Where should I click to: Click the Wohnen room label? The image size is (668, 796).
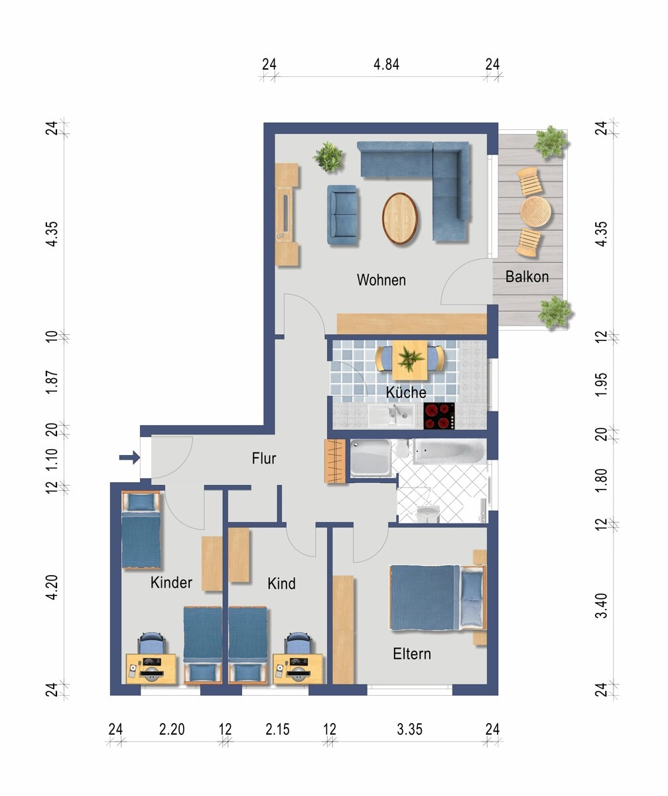pyautogui.click(x=381, y=280)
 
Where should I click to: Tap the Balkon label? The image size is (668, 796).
pyautogui.click(x=527, y=277)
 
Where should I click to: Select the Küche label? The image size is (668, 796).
pyautogui.click(x=406, y=392)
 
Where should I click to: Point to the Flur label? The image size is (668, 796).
pyautogui.click(x=264, y=458)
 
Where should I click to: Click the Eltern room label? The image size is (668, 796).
pyautogui.click(x=412, y=654)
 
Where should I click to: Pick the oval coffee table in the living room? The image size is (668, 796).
pyautogui.click(x=399, y=218)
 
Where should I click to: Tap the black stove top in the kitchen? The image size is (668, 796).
pyautogui.click(x=439, y=416)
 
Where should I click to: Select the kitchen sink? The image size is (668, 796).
pyautogui.click(x=391, y=415)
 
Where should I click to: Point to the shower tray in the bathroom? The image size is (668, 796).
pyautogui.click(x=370, y=458)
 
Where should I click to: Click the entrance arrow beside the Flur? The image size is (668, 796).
pyautogui.click(x=129, y=458)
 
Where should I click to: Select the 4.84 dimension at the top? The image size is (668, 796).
pyautogui.click(x=386, y=64)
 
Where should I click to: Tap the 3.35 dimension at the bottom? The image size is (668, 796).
pyautogui.click(x=409, y=730)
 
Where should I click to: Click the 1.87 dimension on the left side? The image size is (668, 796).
pyautogui.click(x=52, y=382)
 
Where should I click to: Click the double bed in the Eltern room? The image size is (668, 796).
pyautogui.click(x=438, y=598)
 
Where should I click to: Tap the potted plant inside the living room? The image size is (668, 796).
pyautogui.click(x=328, y=157)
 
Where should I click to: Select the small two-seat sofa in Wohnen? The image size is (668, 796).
pyautogui.click(x=343, y=215)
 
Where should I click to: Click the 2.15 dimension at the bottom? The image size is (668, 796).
pyautogui.click(x=277, y=730)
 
